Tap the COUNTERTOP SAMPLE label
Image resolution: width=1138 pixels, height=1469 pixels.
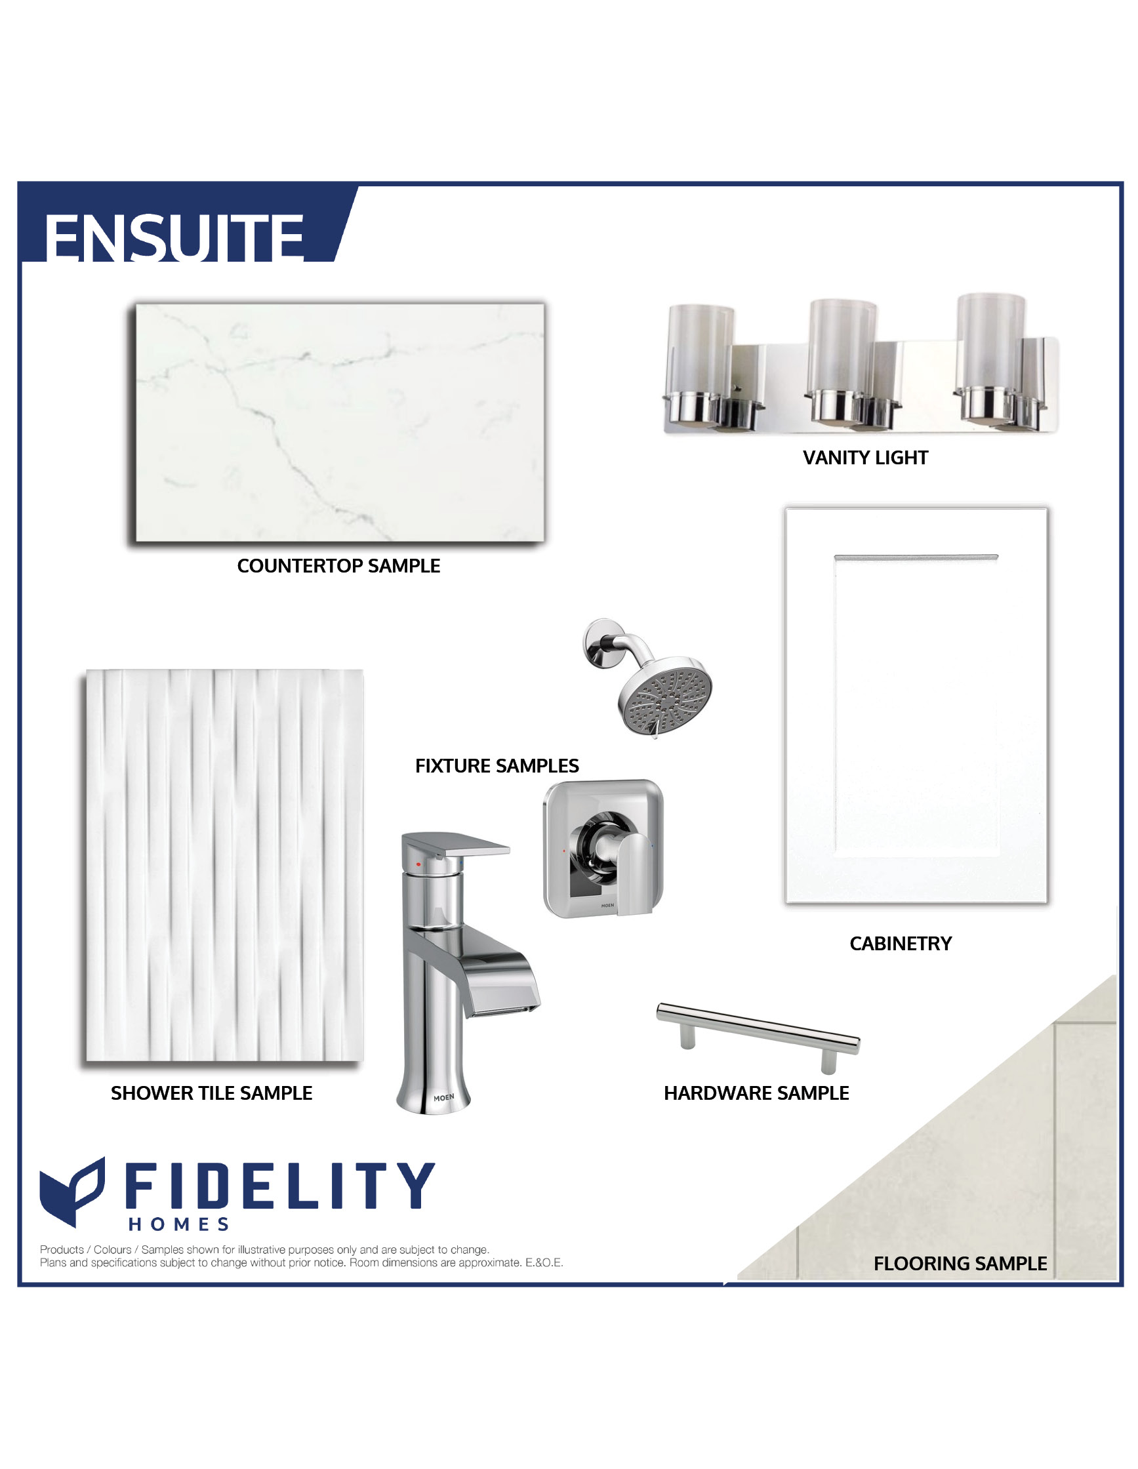[x=338, y=566]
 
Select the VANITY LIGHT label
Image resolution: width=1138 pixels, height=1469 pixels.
[x=865, y=457]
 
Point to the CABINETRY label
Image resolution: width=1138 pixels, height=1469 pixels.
[x=901, y=944]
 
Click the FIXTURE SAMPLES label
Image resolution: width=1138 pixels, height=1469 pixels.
[x=497, y=765]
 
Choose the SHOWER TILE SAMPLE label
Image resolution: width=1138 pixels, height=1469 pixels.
[x=211, y=1093]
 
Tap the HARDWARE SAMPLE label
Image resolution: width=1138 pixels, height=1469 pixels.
[x=756, y=1093]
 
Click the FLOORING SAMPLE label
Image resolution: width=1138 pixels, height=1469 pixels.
[x=960, y=1263]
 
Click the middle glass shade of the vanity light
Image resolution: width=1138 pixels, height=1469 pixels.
[x=842, y=346]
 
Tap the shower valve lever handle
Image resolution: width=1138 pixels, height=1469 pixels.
[x=634, y=874]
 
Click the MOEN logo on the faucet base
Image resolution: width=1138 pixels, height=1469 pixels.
[x=443, y=1098]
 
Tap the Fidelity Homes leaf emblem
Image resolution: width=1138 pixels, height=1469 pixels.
[x=72, y=1191]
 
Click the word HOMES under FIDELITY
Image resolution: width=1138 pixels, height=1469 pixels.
[x=179, y=1224]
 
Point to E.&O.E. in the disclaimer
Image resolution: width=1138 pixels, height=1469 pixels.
[x=544, y=1262]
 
